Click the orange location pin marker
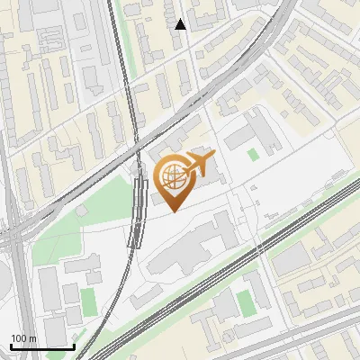[174, 181]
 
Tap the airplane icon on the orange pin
[199, 166]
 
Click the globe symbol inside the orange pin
[173, 175]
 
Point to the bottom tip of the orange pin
[174, 211]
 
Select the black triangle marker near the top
[181, 24]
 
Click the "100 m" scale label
[24, 338]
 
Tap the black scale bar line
[42, 346]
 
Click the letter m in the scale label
[33, 338]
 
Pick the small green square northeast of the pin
[253, 154]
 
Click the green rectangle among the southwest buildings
[88, 301]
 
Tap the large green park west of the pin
[85, 216]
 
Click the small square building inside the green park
[80, 210]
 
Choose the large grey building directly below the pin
[189, 247]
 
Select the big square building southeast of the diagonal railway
[292, 260]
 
